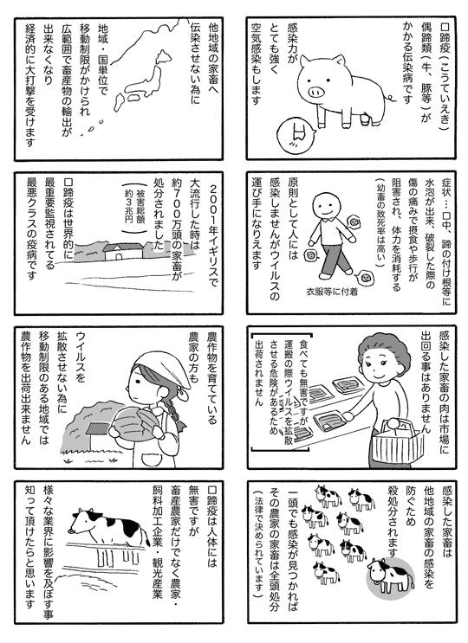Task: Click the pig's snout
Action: click(x=317, y=91)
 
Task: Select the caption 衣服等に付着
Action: click(x=332, y=293)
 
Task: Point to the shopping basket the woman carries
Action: click(x=397, y=443)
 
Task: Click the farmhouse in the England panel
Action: click(x=123, y=252)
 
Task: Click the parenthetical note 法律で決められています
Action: click(x=257, y=544)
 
